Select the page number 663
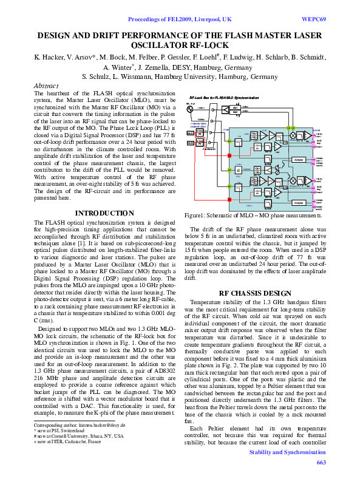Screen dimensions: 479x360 coord(321,463)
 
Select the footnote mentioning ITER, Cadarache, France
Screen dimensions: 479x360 coord(68,442)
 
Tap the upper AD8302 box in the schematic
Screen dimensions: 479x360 coord(298,160)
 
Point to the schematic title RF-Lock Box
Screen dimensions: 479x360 coord(206,97)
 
